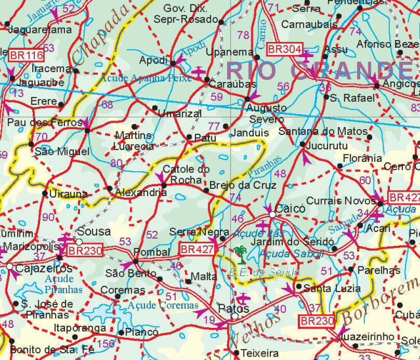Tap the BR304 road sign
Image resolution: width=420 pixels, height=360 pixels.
[x=283, y=49]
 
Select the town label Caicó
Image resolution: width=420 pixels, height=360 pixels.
[x=291, y=208]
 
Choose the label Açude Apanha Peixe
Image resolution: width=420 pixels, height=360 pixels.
[x=146, y=77]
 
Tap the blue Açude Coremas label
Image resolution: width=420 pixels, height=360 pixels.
[x=163, y=305]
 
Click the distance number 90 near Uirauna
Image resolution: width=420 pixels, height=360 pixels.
[x=49, y=217]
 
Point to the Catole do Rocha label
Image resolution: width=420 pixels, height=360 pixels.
[x=186, y=174]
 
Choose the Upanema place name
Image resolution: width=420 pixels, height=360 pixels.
[x=229, y=52]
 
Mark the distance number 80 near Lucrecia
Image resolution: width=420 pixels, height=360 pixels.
[x=117, y=163]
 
